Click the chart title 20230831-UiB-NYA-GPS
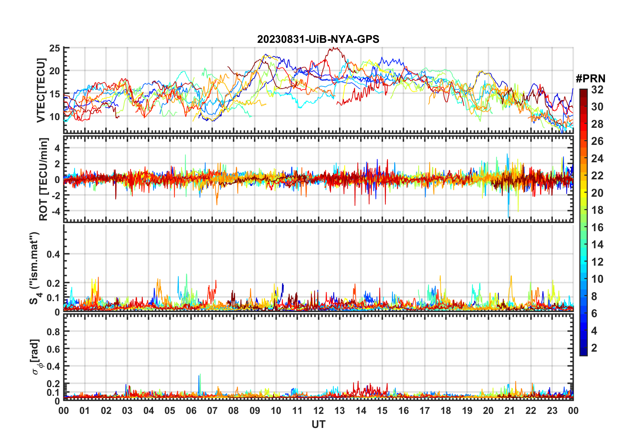tap(318, 39)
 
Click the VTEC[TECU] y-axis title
tap(41, 90)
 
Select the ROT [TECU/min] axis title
tap(44, 179)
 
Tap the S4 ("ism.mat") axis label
tap(34, 268)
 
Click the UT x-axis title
tap(318, 425)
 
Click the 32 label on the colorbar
tap(597, 90)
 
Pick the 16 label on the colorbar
tap(597, 228)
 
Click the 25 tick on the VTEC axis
tap(55, 49)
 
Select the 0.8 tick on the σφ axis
tap(53, 332)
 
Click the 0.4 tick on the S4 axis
tap(53, 254)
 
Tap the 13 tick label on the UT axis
tap(340, 411)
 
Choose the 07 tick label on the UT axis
tap(212, 411)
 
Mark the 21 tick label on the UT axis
tap(509, 411)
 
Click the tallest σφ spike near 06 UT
tap(200, 374)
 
